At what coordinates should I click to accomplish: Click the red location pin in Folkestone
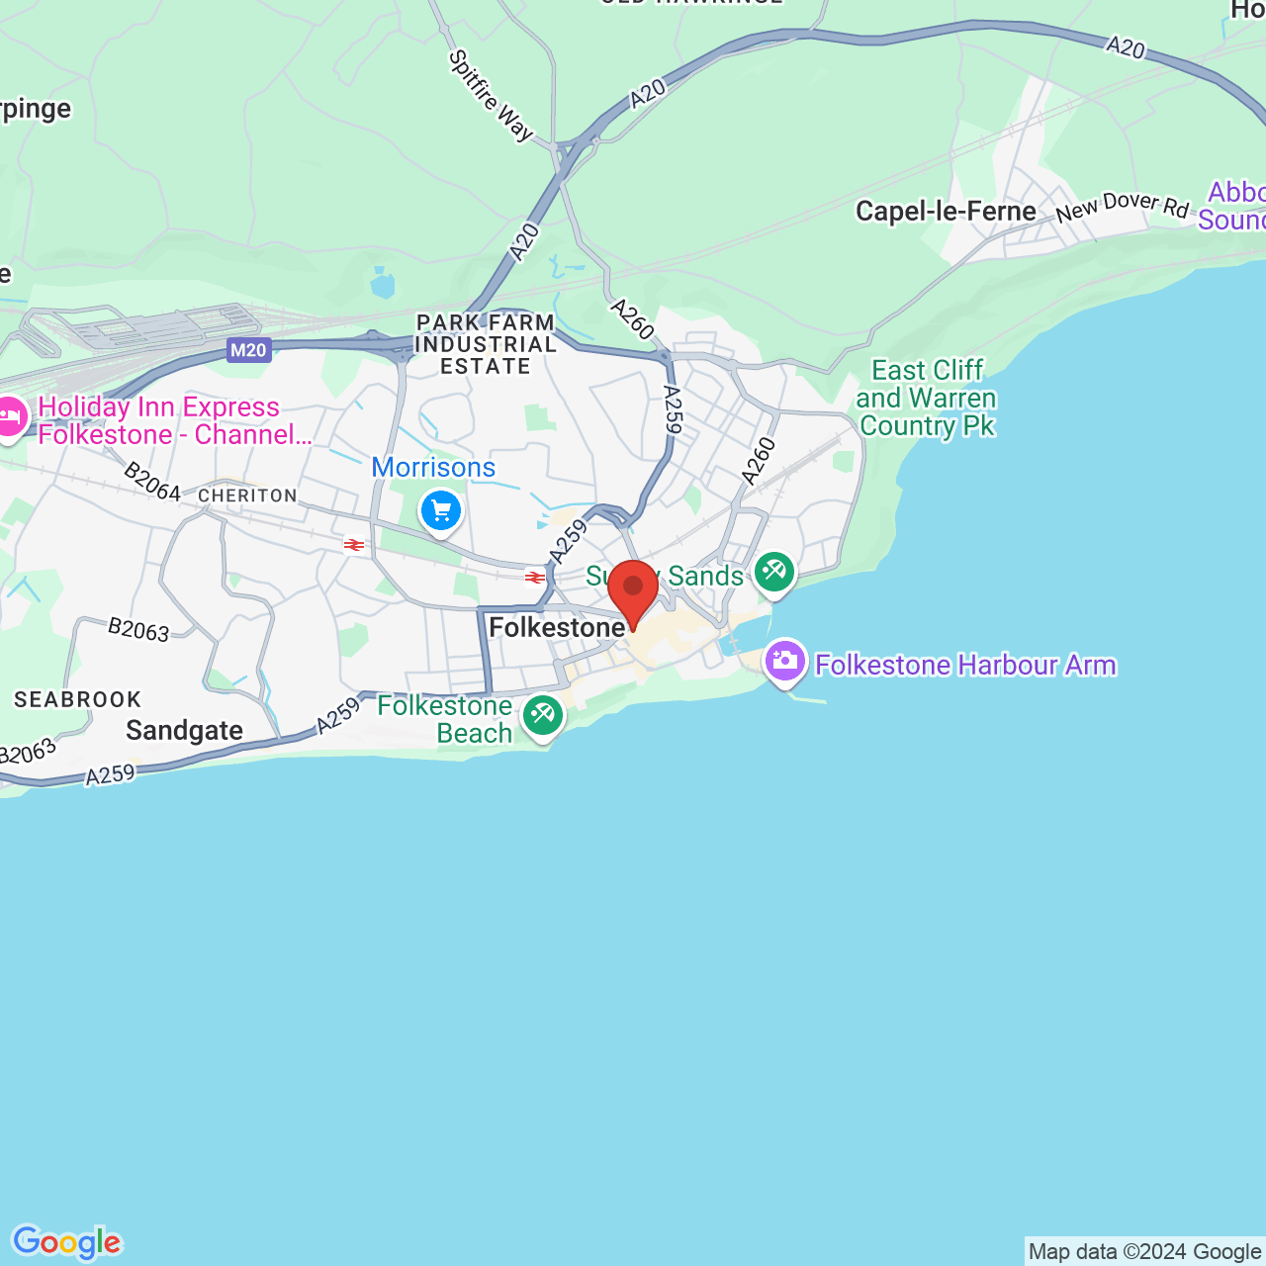coord(633,589)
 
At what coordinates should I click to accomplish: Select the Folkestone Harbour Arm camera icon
coord(784,661)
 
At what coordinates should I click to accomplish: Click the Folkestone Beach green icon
coord(543,714)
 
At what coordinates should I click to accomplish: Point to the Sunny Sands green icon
coord(774,572)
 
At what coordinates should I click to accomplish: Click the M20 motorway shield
coord(248,349)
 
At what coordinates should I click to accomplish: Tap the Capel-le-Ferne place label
coord(946,212)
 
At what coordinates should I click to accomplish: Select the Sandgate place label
coord(185,731)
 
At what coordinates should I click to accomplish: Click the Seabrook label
coord(78,700)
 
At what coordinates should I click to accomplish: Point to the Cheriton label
coord(247,496)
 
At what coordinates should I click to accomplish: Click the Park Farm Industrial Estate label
coord(486,344)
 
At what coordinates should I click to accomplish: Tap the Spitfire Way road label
coord(491,96)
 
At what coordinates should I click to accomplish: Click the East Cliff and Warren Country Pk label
coord(927,398)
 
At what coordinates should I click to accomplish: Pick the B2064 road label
coord(151,482)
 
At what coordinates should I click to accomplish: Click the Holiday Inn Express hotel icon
coord(10,417)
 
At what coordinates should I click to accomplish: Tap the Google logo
coord(67,1242)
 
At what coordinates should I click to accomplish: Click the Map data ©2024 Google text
coord(1144,1252)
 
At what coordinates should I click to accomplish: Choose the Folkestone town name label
coord(557,628)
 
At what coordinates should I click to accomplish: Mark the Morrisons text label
coord(433,467)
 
